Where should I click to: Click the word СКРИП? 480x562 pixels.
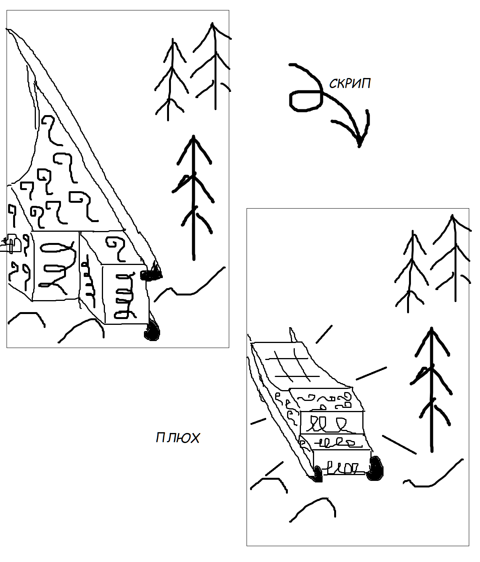click(x=350, y=83)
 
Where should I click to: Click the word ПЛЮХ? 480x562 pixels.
click(x=177, y=438)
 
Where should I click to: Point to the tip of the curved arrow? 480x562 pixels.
click(x=359, y=147)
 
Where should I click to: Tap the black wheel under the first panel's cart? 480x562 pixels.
click(x=152, y=331)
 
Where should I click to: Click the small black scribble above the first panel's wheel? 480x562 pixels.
click(x=151, y=274)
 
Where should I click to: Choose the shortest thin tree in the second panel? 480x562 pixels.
click(x=411, y=272)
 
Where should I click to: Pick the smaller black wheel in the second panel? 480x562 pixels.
click(x=318, y=475)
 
